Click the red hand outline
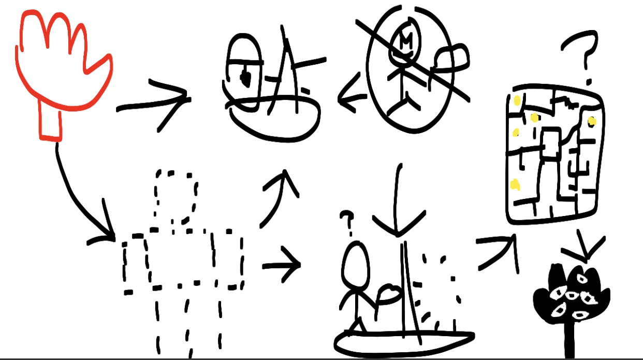click(x=62, y=62)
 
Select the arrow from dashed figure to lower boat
click(x=282, y=265)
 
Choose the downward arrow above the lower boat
click(x=399, y=207)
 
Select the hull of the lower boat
click(x=404, y=342)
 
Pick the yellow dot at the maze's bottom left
click(x=515, y=184)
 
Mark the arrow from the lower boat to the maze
click(x=497, y=251)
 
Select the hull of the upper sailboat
click(x=274, y=119)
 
